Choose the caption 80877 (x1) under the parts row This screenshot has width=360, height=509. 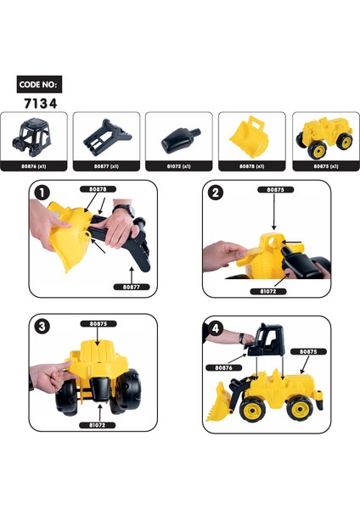[x=105, y=167]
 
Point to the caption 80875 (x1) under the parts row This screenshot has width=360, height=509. [x=323, y=167]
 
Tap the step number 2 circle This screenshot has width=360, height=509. [x=216, y=192]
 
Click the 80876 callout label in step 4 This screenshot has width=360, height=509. [x=223, y=367]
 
